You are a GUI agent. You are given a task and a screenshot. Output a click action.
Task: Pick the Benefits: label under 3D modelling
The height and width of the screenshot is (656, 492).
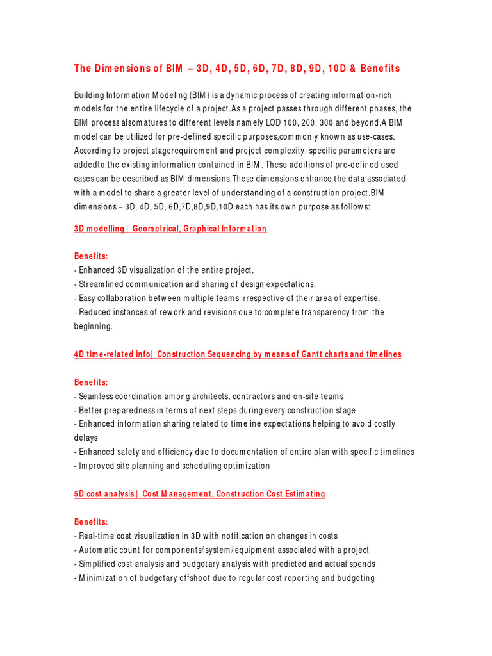coord(91,256)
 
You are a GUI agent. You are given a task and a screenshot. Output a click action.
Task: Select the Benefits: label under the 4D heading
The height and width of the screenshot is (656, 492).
coord(91,382)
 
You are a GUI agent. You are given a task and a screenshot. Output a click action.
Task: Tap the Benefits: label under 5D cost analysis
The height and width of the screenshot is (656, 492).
coord(91,521)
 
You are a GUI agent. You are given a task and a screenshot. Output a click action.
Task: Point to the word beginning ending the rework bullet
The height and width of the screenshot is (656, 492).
coord(94,326)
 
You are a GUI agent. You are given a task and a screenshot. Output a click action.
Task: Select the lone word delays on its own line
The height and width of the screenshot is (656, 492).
coord(86,438)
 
